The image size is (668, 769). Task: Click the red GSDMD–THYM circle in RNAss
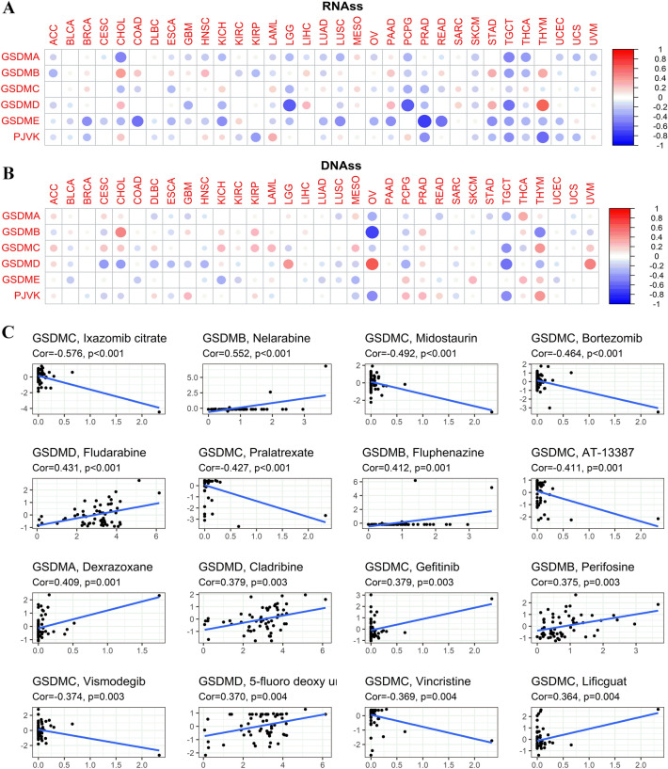click(x=542, y=104)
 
